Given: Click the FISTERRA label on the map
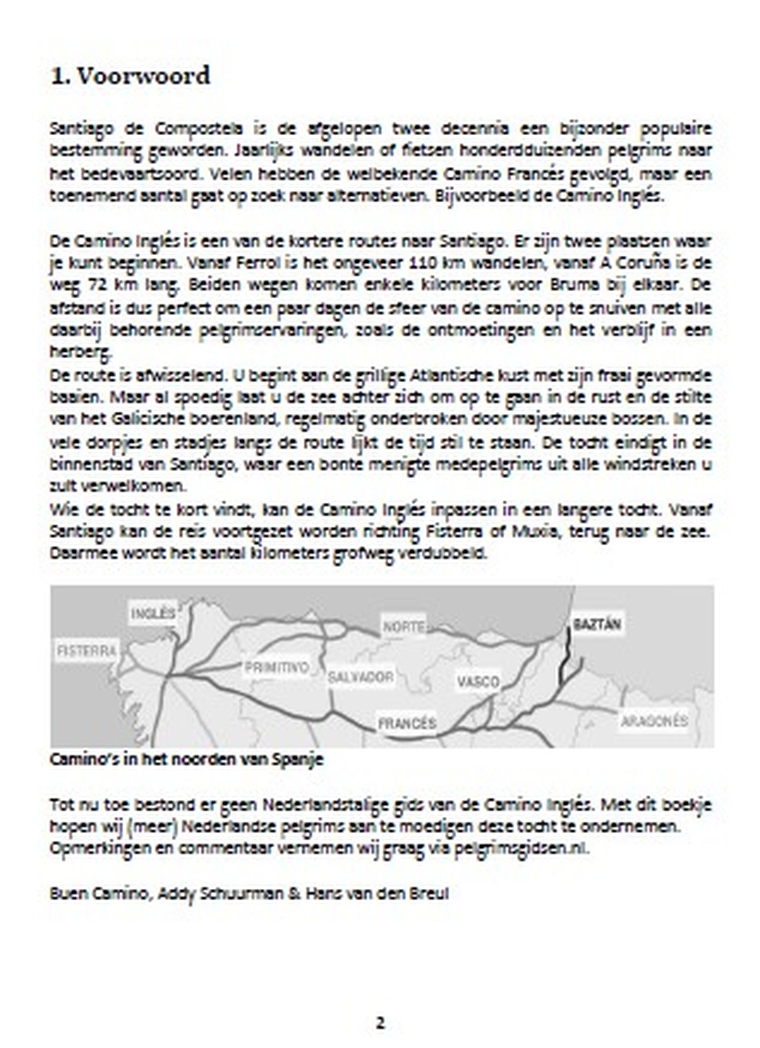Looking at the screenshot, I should pyautogui.click(x=87, y=651).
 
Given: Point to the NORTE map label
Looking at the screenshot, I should pyautogui.click(x=404, y=627).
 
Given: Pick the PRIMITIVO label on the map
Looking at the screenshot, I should pyautogui.click(x=276, y=667).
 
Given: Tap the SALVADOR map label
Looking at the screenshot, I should pyautogui.click(x=360, y=677).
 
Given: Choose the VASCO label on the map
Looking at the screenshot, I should pyautogui.click(x=478, y=682).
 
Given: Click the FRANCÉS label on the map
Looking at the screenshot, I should pyautogui.click(x=407, y=723).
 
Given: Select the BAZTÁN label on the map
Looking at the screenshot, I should pyautogui.click(x=597, y=625).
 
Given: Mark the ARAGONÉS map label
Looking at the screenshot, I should pyautogui.click(x=654, y=721).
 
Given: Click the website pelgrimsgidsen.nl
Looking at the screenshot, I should pyautogui.click(x=521, y=848).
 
